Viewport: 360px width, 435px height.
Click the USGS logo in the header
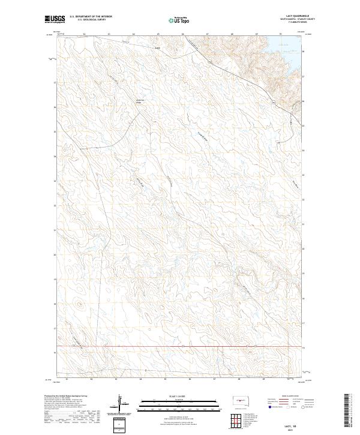pyautogui.click(x=55, y=19)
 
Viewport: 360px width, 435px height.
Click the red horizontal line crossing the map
pyautogui.click(x=180, y=346)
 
